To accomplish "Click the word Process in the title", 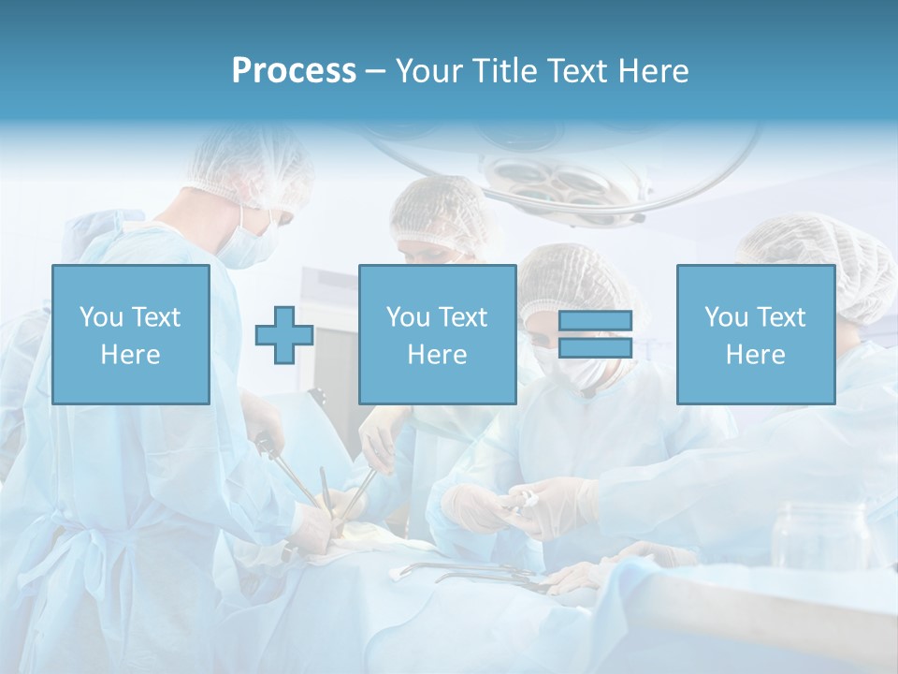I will tap(294, 71).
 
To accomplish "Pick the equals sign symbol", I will tap(595, 334).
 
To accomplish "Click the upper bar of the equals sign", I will tap(595, 321).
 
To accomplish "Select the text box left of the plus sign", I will tap(130, 334).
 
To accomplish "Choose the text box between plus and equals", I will tap(437, 334).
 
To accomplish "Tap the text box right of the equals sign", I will tap(755, 334).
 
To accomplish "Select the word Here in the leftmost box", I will tap(130, 355).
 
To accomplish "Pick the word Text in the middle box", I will tap(462, 317).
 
